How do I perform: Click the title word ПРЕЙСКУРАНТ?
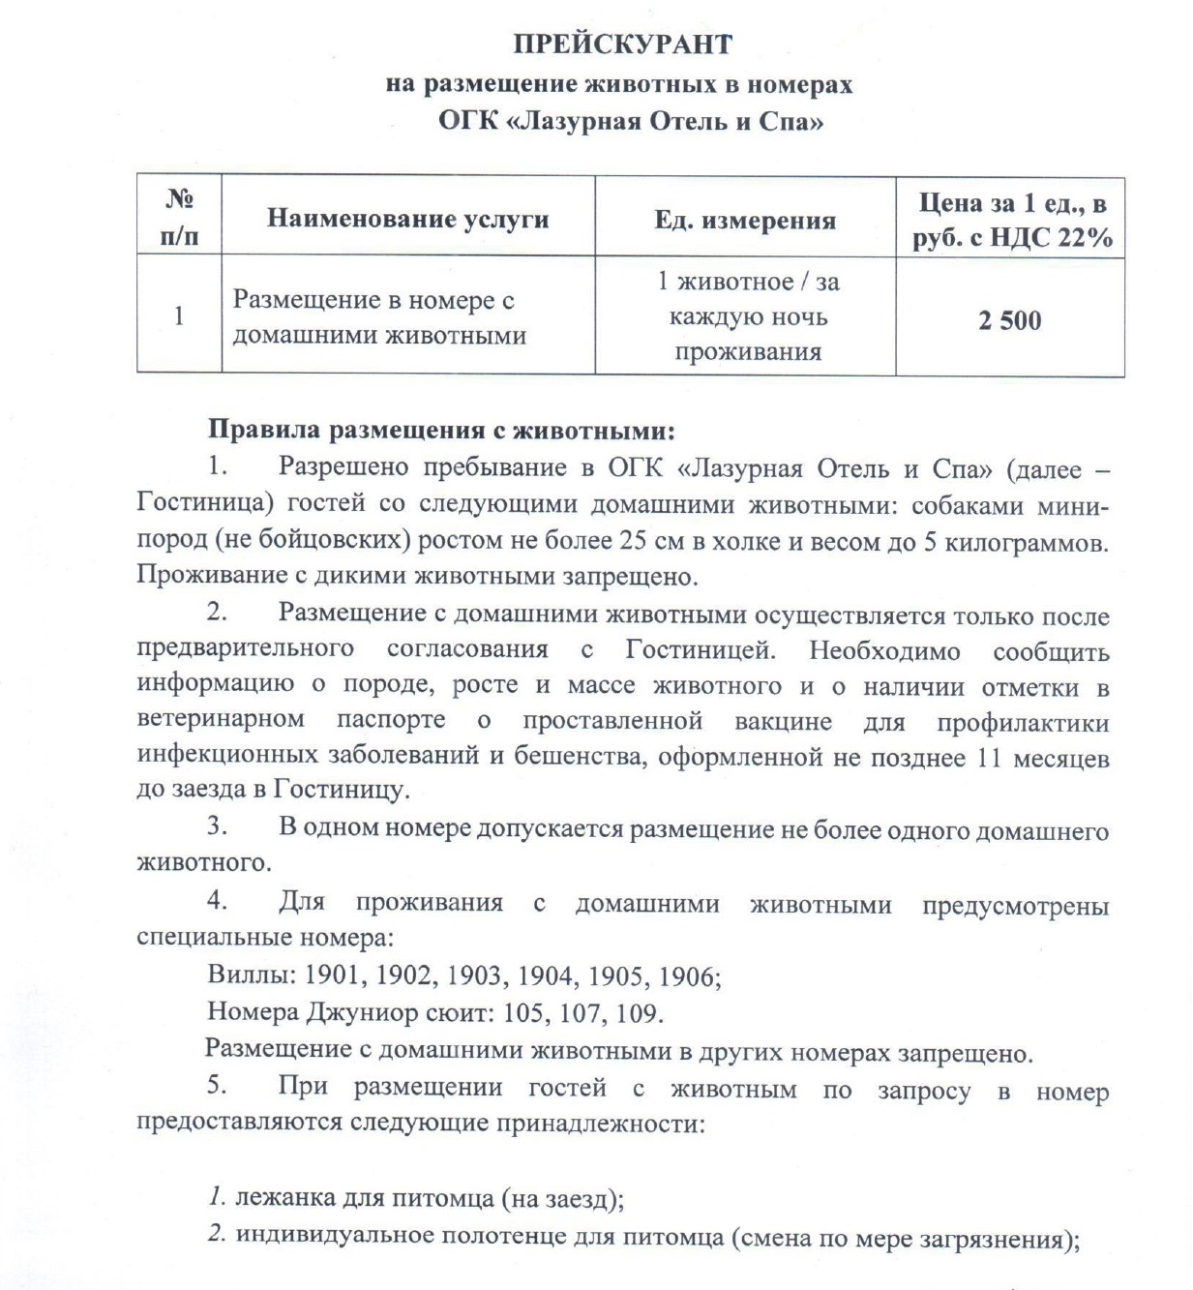pyautogui.click(x=622, y=45)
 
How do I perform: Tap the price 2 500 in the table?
pyautogui.click(x=1009, y=320)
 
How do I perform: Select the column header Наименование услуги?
pyautogui.click(x=407, y=219)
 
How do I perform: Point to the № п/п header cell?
pyautogui.click(x=179, y=218)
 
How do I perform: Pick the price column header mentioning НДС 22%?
pyautogui.click(x=1011, y=221)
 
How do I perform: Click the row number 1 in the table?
pyautogui.click(x=178, y=315)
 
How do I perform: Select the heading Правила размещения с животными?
pyautogui.click(x=441, y=430)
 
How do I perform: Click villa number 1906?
pyautogui.click(x=688, y=976)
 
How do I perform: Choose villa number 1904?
pyautogui.click(x=546, y=975)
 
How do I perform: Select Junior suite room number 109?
pyautogui.click(x=639, y=1013)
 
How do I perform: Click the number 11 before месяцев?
pyautogui.click(x=988, y=757)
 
